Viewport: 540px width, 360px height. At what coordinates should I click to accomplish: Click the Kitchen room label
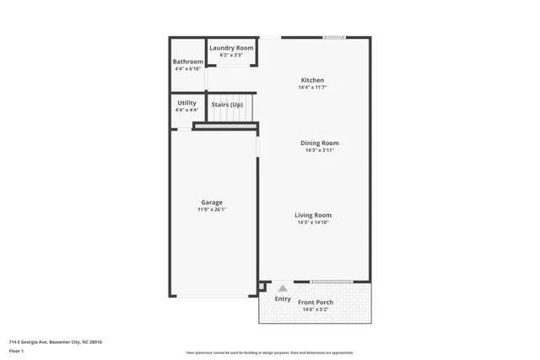tap(311, 80)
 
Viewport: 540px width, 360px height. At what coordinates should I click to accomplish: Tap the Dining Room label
tap(320, 142)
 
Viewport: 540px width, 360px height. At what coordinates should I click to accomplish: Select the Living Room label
tap(313, 215)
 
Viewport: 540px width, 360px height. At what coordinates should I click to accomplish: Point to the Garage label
tap(212, 202)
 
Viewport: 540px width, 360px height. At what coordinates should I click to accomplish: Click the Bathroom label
tap(187, 62)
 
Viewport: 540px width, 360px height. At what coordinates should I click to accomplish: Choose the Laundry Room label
tap(231, 48)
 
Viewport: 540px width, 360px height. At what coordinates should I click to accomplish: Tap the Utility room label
tap(186, 103)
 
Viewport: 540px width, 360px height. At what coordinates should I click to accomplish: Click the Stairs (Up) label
tap(227, 105)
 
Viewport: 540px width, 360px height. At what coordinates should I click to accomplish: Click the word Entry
tap(283, 298)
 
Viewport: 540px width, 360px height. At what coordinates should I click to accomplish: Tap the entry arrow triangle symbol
tap(283, 287)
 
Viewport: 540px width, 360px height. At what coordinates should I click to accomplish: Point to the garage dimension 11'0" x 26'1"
tap(212, 209)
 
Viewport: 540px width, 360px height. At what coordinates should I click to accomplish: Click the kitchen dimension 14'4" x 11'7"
tap(311, 87)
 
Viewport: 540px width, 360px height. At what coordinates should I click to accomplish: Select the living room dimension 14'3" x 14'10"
tap(313, 223)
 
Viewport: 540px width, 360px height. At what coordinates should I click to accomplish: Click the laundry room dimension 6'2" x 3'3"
tap(231, 55)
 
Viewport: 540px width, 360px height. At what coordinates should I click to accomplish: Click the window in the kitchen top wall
tap(335, 37)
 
